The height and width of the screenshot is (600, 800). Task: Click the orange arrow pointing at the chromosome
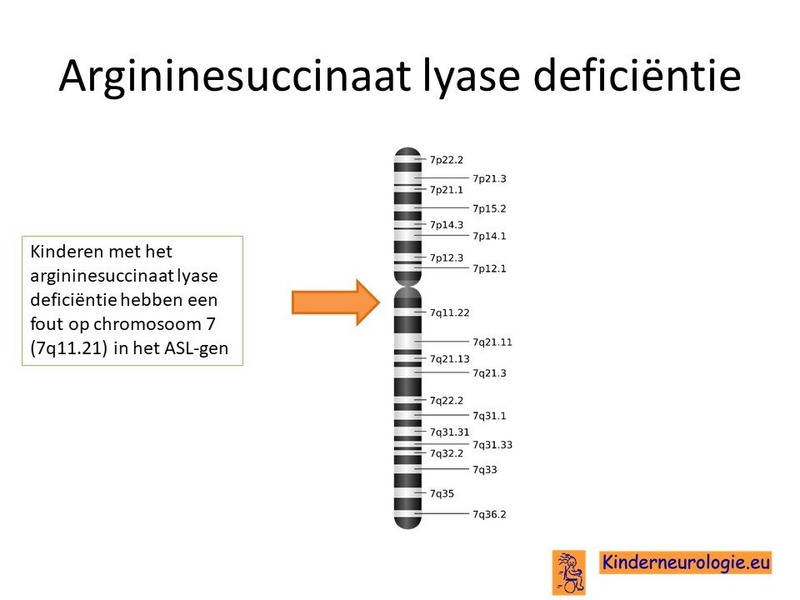(x=336, y=302)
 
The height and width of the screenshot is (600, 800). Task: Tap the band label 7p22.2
(x=447, y=160)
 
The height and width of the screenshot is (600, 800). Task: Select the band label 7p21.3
(x=489, y=178)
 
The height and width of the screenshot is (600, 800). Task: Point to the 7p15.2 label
(x=489, y=208)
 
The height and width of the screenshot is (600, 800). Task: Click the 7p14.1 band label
(x=489, y=236)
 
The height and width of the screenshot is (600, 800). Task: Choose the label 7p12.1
(x=489, y=269)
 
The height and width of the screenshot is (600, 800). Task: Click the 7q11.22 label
(x=449, y=312)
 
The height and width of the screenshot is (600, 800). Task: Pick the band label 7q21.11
(x=492, y=342)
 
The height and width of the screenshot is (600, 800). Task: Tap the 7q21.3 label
(x=489, y=373)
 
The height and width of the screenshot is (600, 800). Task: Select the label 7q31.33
(x=492, y=445)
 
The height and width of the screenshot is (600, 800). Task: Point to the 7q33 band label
(x=485, y=470)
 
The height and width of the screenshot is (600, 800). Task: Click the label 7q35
(x=442, y=494)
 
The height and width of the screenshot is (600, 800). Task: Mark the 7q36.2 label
(x=489, y=515)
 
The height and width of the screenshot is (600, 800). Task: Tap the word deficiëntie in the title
(x=637, y=74)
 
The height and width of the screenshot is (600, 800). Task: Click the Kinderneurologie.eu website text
(x=686, y=562)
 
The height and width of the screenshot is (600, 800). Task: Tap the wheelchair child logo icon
(x=569, y=572)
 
